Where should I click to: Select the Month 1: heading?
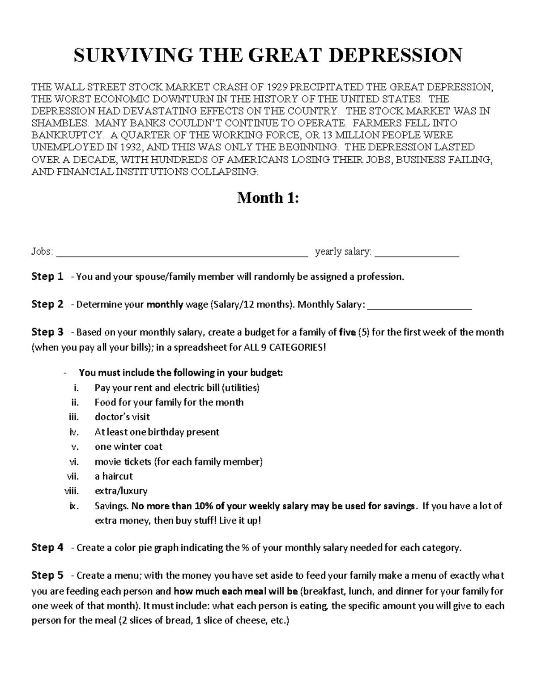click(x=268, y=197)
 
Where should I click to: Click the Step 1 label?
click(x=47, y=277)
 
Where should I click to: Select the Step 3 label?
click(x=47, y=332)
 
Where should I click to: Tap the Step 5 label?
click(x=47, y=576)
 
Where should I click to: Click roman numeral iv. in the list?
click(x=74, y=432)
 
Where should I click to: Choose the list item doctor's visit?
click(x=122, y=417)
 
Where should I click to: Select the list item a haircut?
click(x=114, y=476)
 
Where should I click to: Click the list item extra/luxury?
click(x=121, y=491)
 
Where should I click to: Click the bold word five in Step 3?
click(x=348, y=333)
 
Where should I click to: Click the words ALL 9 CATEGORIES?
click(x=285, y=348)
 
